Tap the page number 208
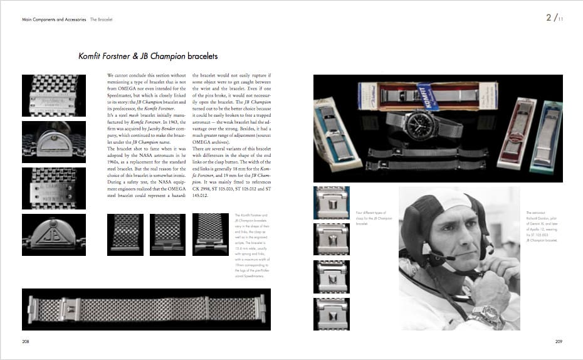coord(26,341)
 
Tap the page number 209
coord(558,341)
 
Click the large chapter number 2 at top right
coord(550,18)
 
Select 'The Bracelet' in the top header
coord(101,20)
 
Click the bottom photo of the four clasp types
coord(331,313)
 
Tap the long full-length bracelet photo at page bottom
coord(146,309)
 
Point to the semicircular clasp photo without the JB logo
coord(54,142)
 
